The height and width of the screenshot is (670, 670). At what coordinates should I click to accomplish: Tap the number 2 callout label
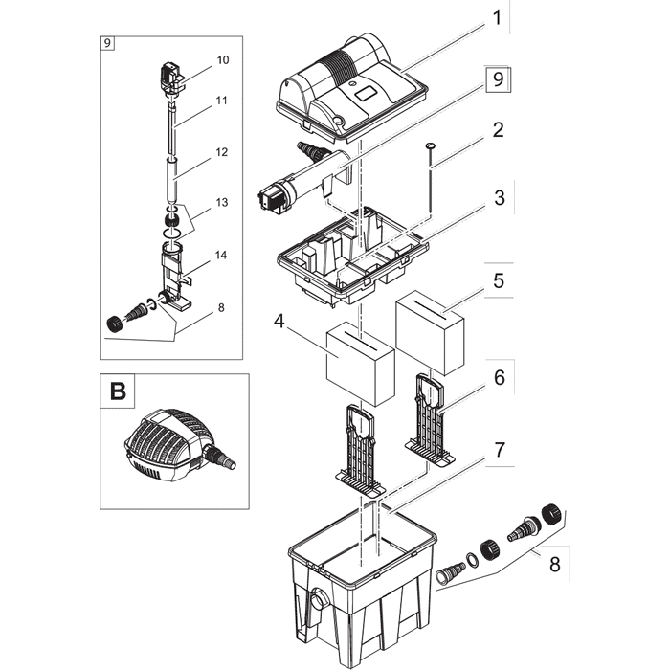coord(497,132)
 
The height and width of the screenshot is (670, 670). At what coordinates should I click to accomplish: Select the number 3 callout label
coord(497,199)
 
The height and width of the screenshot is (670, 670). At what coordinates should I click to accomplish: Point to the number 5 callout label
coord(497,283)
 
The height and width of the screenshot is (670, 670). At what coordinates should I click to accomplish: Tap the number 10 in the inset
coord(223,59)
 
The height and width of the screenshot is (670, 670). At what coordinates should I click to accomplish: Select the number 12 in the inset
coord(222,152)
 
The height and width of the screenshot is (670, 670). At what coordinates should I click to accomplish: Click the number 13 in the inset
coord(222,202)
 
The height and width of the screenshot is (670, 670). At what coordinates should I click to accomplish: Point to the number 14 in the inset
coord(222,255)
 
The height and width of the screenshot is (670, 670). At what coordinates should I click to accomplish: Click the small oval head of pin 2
coord(430,145)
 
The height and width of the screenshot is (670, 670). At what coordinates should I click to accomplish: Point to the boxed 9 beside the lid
coord(495,80)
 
